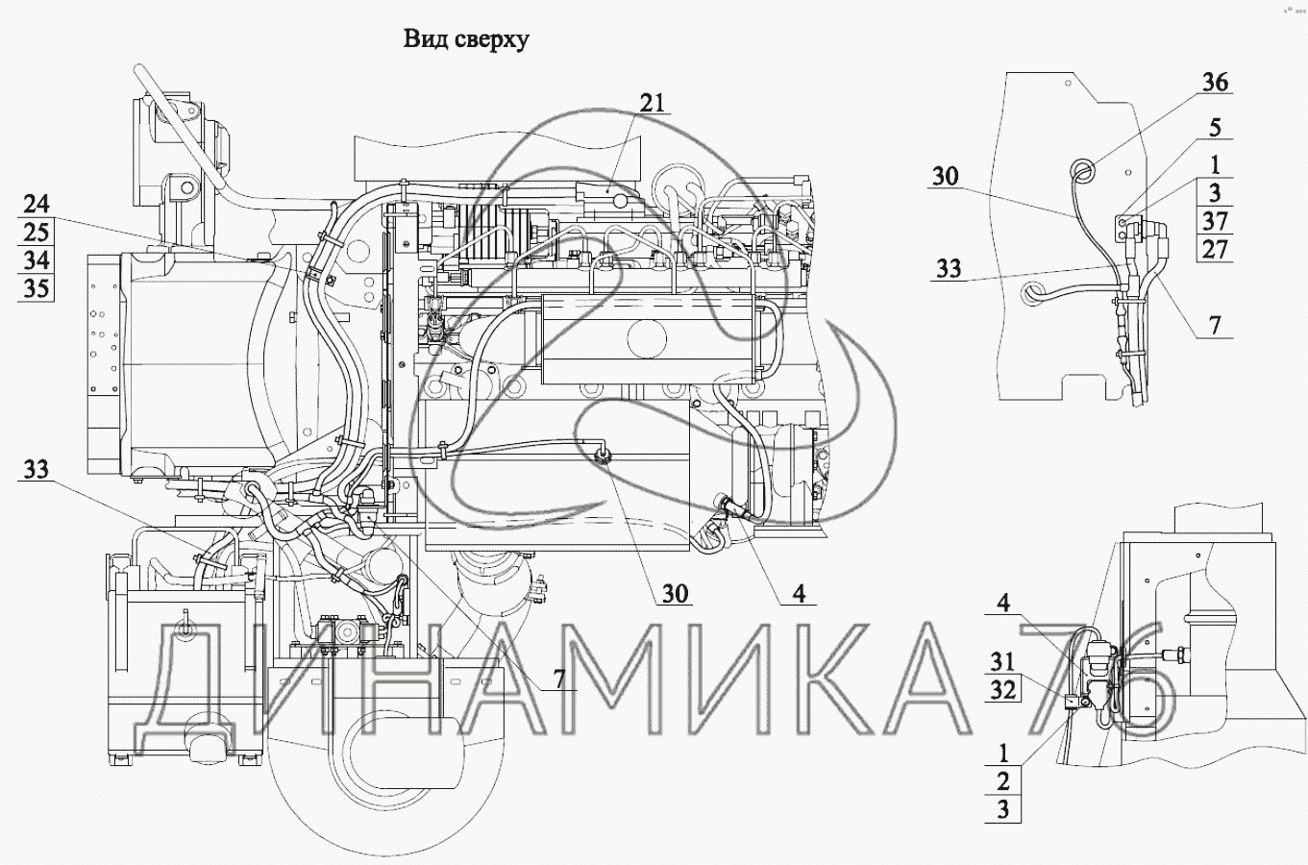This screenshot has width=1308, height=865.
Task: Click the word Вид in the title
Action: (423, 39)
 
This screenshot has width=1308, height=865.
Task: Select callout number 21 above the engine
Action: (652, 103)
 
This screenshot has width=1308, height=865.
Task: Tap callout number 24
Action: (37, 205)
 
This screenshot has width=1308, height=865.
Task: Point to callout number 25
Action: (37, 233)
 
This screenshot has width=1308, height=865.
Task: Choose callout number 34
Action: (37, 259)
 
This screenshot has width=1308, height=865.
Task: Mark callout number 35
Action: (37, 288)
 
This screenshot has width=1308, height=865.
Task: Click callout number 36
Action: (1215, 83)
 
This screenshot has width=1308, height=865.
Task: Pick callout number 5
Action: (1215, 128)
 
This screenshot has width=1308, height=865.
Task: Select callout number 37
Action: (1215, 221)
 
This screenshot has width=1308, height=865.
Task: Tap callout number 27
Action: (1215, 249)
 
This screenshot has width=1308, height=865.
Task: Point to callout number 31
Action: (1002, 662)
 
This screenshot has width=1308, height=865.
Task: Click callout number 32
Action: (1002, 690)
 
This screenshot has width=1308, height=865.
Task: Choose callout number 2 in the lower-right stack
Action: (1003, 780)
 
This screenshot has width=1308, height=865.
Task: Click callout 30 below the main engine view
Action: (675, 594)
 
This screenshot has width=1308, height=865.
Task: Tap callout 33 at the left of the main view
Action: (37, 469)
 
